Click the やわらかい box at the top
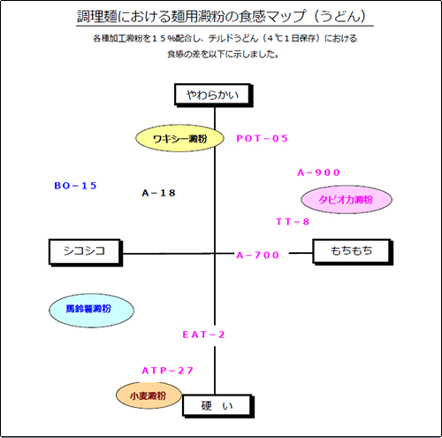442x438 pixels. [214, 95]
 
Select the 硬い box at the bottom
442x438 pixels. [218, 406]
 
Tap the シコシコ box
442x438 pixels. [86, 252]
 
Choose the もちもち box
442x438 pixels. [353, 252]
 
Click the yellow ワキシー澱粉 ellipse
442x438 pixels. [179, 138]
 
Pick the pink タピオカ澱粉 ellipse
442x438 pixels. [347, 200]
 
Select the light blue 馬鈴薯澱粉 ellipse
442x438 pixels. [91, 311]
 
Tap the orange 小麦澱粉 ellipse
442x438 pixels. [149, 396]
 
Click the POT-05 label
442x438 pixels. [262, 138]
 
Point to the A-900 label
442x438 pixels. [318, 173]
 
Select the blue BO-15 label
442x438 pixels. [75, 186]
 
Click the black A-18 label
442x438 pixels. [158, 193]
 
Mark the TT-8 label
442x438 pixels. [293, 221]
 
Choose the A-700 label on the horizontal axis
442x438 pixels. [258, 255]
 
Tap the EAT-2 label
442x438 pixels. [203, 334]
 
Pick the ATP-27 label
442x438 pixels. [168, 371]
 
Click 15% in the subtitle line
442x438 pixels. [164, 38]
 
